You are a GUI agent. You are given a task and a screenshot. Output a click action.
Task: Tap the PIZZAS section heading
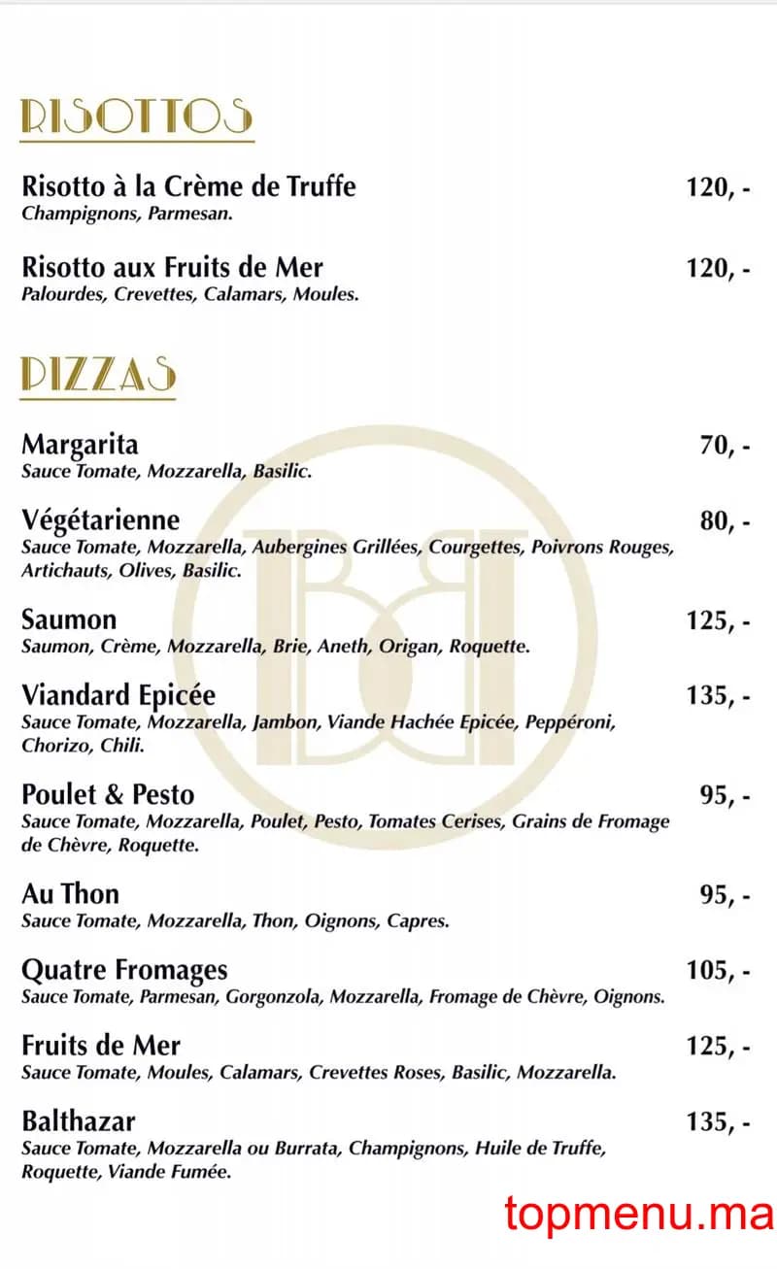coord(98,375)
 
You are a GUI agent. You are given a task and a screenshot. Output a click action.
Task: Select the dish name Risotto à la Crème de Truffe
coord(188,185)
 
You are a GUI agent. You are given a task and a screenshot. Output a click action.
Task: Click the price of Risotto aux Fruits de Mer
coord(718,268)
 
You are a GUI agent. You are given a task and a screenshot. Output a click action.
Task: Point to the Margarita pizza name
coord(80,445)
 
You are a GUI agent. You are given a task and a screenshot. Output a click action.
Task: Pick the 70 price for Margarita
coord(724,446)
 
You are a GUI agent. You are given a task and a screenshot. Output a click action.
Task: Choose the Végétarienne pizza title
coord(100,521)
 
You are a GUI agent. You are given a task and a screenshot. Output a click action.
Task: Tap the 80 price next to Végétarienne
coord(724,522)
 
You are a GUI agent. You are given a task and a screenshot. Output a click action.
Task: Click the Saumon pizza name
coord(69,619)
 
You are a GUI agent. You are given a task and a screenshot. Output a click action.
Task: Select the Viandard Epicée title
coord(118,695)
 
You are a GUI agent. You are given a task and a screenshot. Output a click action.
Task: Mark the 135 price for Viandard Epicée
coord(718,696)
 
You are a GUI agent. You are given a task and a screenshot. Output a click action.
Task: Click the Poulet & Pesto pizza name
coord(108,795)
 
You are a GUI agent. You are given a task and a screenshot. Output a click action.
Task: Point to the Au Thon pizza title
coord(70,893)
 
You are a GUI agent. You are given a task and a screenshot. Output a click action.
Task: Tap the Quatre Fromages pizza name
coord(124,970)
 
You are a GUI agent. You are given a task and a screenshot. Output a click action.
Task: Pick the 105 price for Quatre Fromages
coord(718,971)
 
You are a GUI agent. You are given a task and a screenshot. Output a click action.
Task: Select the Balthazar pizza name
coord(79,1122)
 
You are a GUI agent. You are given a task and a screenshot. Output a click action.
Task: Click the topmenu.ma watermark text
coord(638,1214)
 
